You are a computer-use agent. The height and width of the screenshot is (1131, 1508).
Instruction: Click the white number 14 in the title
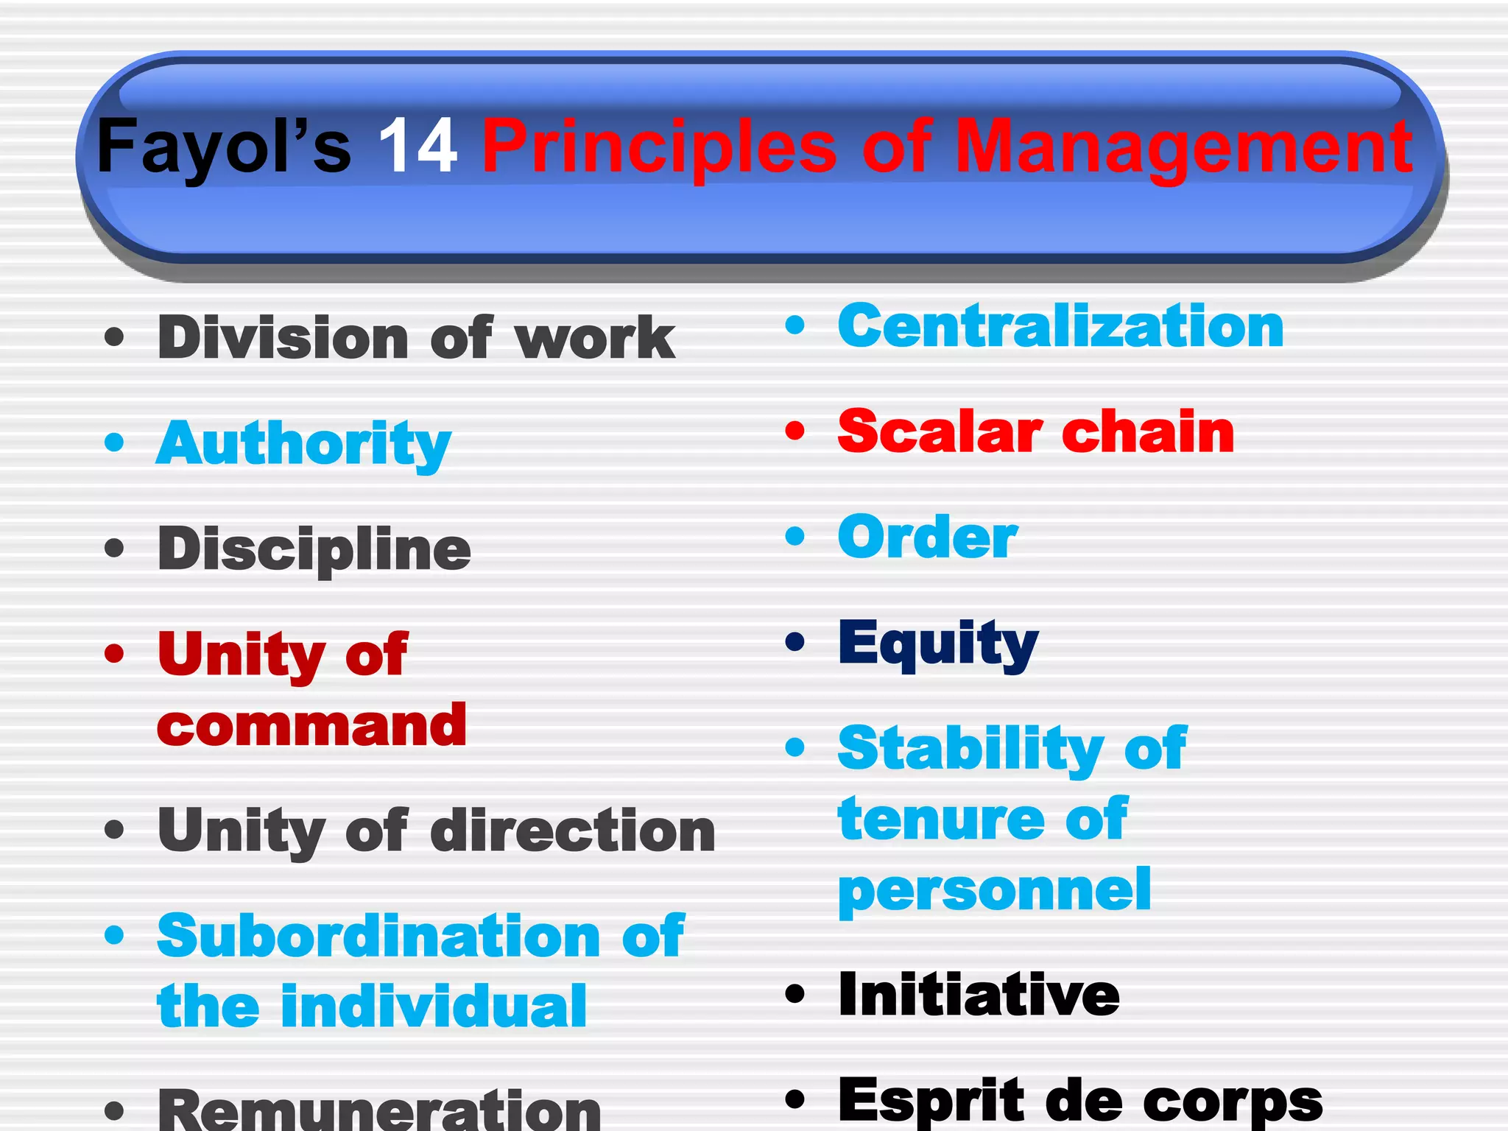click(x=417, y=147)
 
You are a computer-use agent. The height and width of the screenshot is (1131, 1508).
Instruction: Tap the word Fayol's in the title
click(x=224, y=148)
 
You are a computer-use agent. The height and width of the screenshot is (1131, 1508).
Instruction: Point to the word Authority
click(x=303, y=444)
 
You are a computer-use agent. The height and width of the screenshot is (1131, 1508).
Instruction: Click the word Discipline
click(x=314, y=550)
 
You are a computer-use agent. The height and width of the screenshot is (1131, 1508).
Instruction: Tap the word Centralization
click(x=1060, y=326)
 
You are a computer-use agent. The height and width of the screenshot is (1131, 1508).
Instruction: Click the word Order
click(x=928, y=538)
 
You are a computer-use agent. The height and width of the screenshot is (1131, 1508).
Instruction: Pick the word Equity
click(x=938, y=644)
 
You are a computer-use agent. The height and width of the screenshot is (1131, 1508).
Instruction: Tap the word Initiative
click(x=979, y=995)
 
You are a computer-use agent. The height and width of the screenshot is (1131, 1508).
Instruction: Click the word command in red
click(x=311, y=726)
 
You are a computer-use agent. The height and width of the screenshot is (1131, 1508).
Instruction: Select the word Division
click(x=283, y=338)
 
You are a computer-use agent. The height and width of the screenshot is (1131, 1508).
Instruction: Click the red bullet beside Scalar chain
click(x=795, y=431)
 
